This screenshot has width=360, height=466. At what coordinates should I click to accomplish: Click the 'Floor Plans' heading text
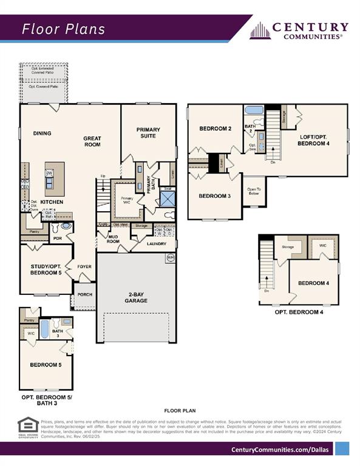64,29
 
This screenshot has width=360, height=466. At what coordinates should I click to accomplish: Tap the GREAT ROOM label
92,141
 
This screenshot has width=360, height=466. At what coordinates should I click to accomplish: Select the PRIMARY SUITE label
148,132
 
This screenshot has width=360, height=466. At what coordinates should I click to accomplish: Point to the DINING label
42,133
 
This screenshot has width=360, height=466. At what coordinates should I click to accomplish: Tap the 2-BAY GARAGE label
136,297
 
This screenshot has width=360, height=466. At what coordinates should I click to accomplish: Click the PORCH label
84,295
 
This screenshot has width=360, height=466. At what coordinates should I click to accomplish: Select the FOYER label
84,266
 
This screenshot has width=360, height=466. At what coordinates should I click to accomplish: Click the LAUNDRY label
156,244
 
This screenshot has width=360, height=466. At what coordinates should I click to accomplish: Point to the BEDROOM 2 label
216,129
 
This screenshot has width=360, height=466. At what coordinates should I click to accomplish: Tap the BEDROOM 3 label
215,195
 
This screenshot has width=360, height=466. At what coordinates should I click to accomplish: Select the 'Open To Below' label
254,191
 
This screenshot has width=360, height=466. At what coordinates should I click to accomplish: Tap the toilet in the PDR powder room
66,226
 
